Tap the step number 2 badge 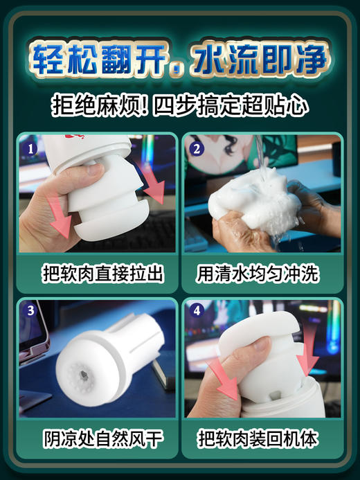pyautogui.click(x=195, y=147)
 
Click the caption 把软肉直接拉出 pyautogui.click(x=97, y=273)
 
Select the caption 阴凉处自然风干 pyautogui.click(x=97, y=439)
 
